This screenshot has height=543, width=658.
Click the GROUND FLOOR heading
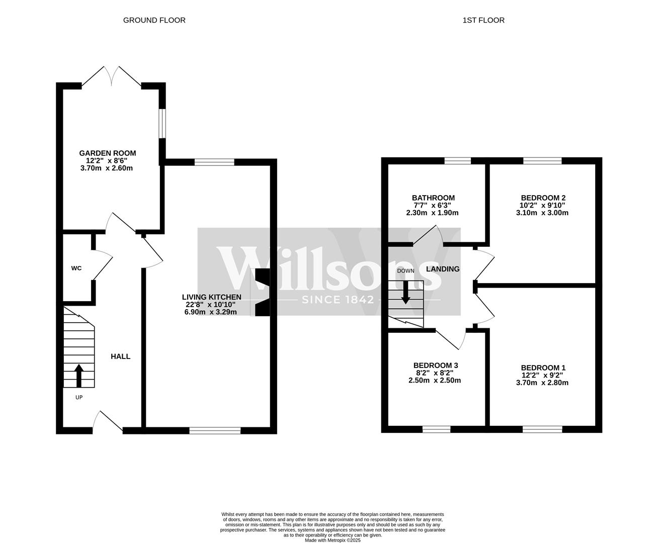point(154,20)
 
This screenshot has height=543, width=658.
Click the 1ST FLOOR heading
point(483,20)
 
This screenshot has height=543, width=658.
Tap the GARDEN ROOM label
point(107,153)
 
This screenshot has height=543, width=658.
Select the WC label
point(76,268)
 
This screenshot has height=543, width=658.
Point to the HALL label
point(120,356)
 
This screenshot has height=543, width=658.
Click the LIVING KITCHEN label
point(211,297)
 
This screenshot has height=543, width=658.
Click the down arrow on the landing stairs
point(405,292)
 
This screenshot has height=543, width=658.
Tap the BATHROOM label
point(433,198)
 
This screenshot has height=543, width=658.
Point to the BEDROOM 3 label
point(435,366)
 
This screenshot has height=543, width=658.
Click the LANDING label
point(443,269)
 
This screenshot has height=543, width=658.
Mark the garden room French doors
point(111,77)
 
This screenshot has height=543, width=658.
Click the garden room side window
point(161,123)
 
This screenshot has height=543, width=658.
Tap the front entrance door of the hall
point(108,422)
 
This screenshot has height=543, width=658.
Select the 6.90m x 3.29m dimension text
point(210,312)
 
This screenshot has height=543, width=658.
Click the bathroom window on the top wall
point(457,161)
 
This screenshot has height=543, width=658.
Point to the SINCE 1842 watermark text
point(338,300)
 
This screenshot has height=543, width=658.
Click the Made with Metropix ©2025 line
point(333,540)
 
